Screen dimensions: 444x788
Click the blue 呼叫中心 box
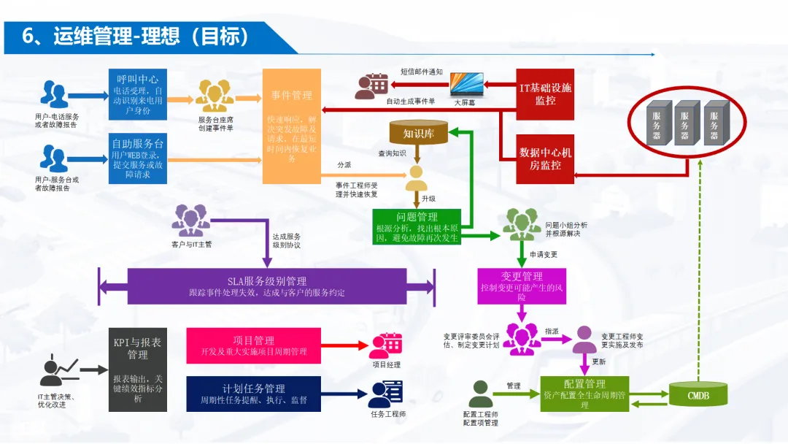click(x=138, y=95)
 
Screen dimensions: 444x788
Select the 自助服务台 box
click(x=138, y=158)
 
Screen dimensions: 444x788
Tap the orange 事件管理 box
click(x=292, y=126)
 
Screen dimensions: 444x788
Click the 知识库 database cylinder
click(x=418, y=133)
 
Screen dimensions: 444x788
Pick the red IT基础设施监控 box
click(x=545, y=93)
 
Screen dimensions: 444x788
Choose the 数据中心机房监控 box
click(x=545, y=158)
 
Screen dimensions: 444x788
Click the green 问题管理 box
click(x=417, y=226)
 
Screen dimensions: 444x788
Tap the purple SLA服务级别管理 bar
click(x=266, y=286)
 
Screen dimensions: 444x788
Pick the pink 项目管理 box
click(x=254, y=345)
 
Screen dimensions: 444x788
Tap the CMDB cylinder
click(x=698, y=394)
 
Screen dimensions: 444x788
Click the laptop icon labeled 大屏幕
click(x=467, y=84)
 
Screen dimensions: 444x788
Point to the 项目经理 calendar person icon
click(x=386, y=345)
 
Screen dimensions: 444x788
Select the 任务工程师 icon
click(x=386, y=394)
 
